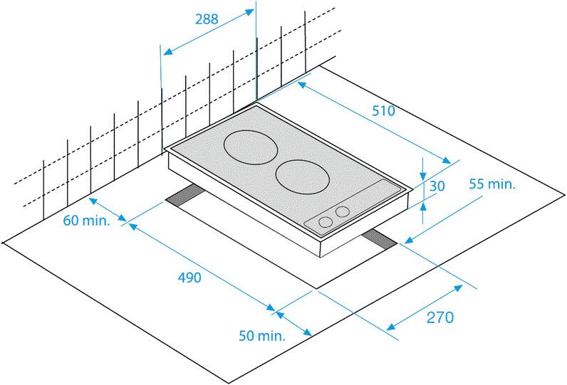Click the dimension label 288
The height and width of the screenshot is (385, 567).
point(207,19)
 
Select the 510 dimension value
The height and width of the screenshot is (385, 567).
point(383,110)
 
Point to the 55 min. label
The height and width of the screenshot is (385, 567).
point(491,184)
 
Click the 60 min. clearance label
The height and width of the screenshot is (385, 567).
point(86,220)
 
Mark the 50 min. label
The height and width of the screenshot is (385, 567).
point(262,335)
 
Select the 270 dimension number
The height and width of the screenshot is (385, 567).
point(439,317)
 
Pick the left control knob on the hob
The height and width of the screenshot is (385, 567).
point(326,222)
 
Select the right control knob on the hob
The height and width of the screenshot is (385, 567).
point(343,211)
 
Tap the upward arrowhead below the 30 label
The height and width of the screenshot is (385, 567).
point(424,207)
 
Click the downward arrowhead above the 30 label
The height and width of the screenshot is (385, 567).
point(424,176)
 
